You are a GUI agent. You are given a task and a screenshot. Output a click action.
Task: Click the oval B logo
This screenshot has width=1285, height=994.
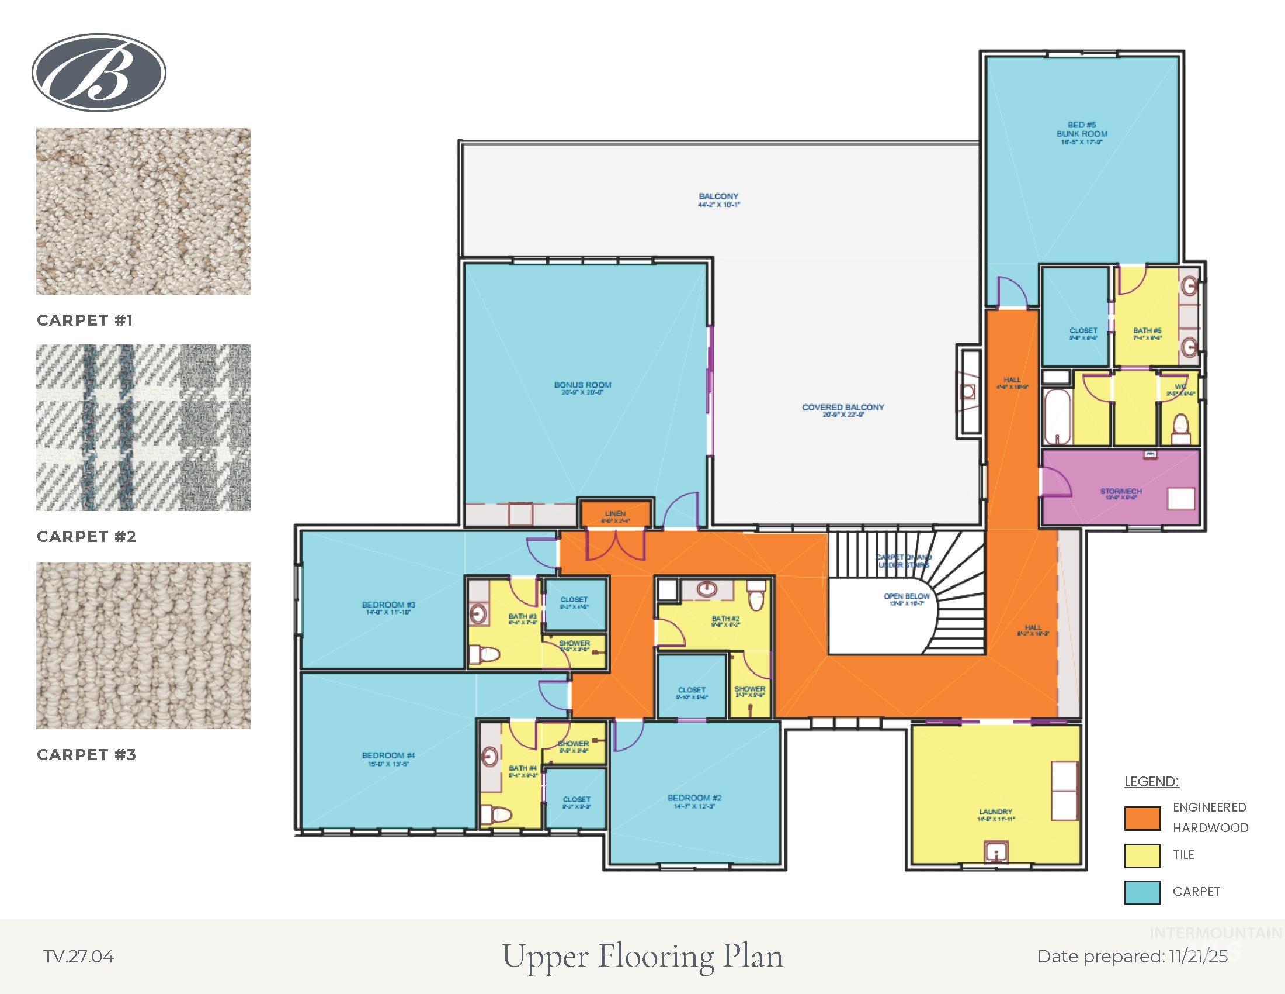[99, 72]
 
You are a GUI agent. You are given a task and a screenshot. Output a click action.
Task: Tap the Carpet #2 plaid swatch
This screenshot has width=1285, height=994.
[143, 427]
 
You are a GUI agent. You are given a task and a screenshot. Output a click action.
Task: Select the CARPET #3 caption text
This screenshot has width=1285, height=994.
[86, 754]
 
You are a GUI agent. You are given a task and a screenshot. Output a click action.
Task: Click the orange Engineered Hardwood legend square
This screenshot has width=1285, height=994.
[1142, 818]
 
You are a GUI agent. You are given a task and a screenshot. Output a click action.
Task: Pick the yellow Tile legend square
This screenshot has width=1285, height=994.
[1142, 855]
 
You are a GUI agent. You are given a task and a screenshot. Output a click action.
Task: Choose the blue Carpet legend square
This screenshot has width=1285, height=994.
[1142, 892]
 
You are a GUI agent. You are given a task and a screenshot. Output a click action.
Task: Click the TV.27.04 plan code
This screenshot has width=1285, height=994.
[78, 957]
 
